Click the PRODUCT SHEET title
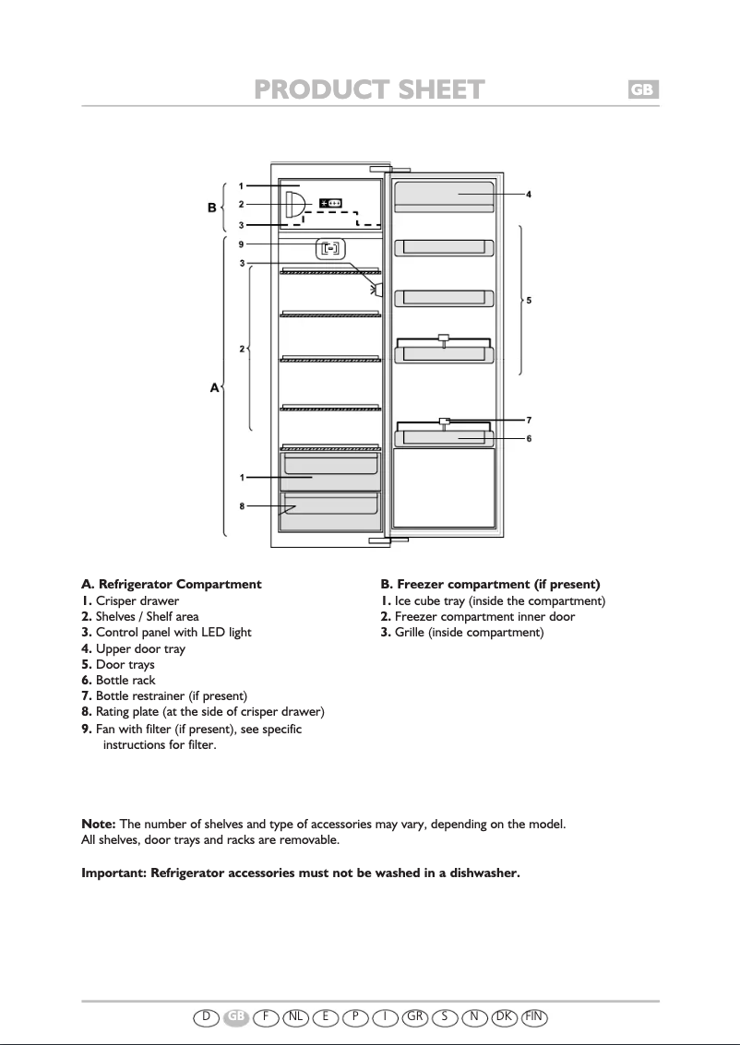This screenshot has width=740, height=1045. click(369, 89)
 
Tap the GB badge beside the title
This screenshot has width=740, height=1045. click(643, 89)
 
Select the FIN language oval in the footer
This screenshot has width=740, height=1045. click(534, 1016)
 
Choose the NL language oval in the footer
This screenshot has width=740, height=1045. click(296, 1016)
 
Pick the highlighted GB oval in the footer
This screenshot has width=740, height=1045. click(237, 1016)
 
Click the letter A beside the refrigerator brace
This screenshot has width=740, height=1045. click(214, 388)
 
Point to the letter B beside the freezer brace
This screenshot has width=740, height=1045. click(212, 208)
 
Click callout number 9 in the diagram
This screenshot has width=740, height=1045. click(241, 244)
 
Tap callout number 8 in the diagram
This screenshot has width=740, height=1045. click(241, 506)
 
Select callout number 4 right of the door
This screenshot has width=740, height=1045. click(529, 195)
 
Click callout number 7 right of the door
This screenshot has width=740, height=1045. click(529, 421)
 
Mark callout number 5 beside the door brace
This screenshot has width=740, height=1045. click(529, 301)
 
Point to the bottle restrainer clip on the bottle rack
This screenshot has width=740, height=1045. click(444, 422)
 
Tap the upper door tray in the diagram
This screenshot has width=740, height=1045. click(444, 195)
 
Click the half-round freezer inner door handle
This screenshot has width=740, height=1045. click(292, 204)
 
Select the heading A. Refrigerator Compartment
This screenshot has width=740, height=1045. click(172, 584)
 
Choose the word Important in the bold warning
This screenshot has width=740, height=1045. click(114, 873)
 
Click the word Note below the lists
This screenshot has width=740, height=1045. click(98, 824)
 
